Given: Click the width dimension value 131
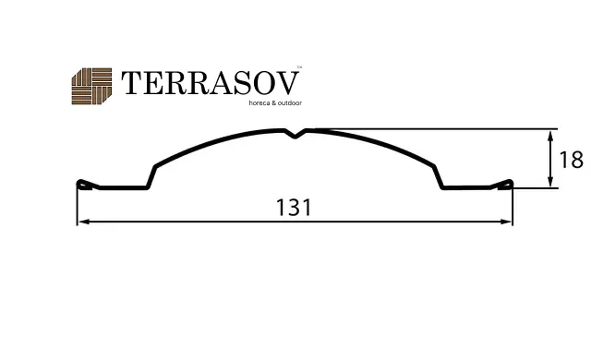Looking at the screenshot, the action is pos(294,208).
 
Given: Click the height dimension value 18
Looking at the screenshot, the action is pos(571,160).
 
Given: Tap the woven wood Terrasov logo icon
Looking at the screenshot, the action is pos(91,86).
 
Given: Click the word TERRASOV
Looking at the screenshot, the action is pos(211,83).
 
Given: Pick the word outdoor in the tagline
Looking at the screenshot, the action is pos(289,102).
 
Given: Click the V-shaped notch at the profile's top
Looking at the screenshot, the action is pos(295,133).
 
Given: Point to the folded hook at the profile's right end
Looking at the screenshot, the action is pos(502,185).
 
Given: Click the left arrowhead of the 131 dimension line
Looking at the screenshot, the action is pos(84,222).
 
